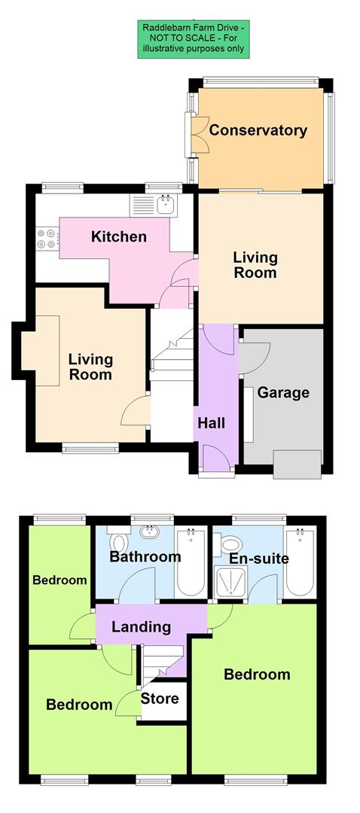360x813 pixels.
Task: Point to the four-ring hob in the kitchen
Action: pos(46,238)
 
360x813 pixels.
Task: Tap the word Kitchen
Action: pos(118,237)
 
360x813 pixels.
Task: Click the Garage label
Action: pos(283,393)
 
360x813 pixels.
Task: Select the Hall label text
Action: pos(211,424)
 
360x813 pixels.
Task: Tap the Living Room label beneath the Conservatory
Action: pos(255,265)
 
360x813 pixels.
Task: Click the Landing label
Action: pos(141,627)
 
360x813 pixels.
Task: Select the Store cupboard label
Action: pos(160,699)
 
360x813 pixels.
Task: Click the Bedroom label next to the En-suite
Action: pos(257,674)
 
